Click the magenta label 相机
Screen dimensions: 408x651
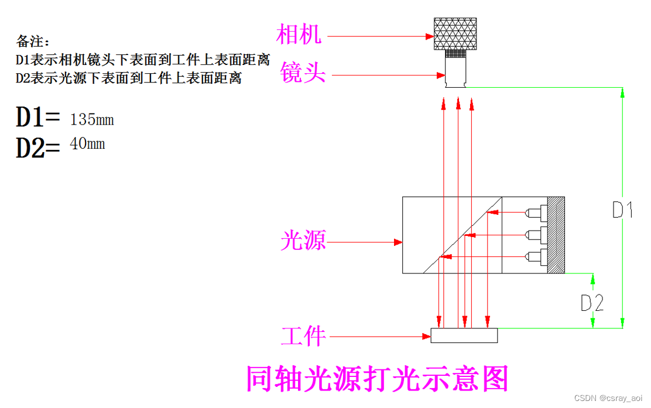point(299,35)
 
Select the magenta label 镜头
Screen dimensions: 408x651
point(303,74)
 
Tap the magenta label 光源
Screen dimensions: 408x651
point(303,241)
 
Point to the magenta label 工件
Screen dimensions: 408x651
point(303,336)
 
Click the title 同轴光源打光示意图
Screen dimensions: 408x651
point(376,379)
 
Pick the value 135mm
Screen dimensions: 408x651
point(91,120)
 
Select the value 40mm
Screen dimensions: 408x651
point(87,143)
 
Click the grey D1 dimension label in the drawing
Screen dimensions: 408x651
point(622,210)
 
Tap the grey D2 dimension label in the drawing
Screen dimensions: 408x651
point(592,303)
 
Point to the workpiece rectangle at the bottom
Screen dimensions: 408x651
point(464,335)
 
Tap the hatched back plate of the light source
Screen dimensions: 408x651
point(556,235)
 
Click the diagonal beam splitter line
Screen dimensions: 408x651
point(462,235)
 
